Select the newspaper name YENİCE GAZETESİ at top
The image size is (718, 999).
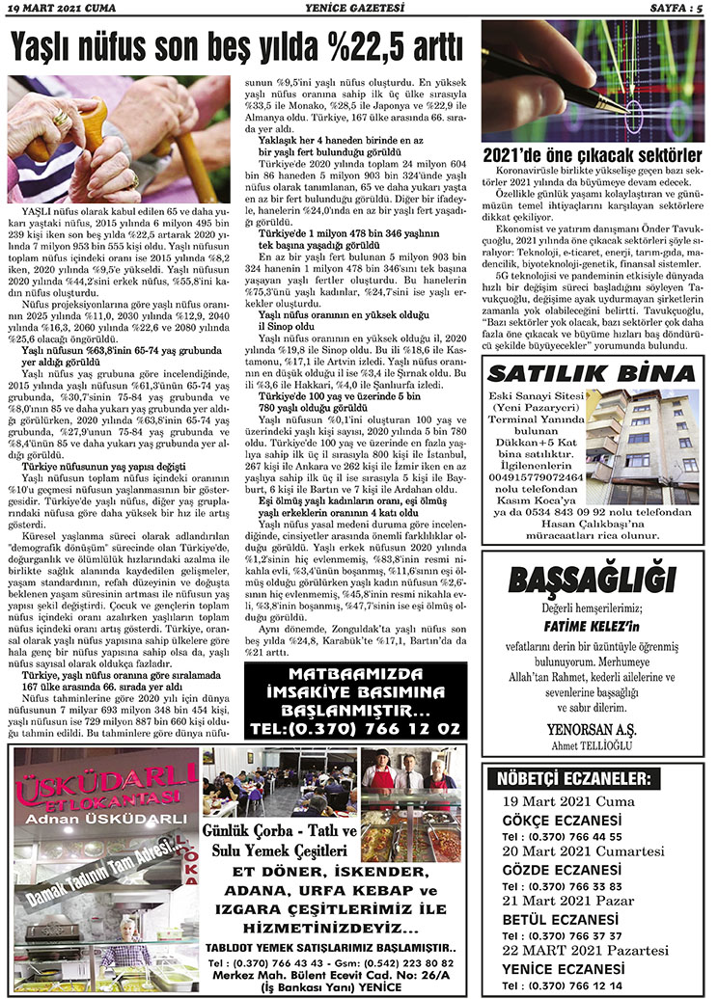click(x=357, y=8)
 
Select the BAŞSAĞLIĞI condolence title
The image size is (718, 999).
click(x=591, y=580)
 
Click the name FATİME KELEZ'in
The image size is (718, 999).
click(x=591, y=625)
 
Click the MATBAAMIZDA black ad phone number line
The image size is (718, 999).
click(x=354, y=729)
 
